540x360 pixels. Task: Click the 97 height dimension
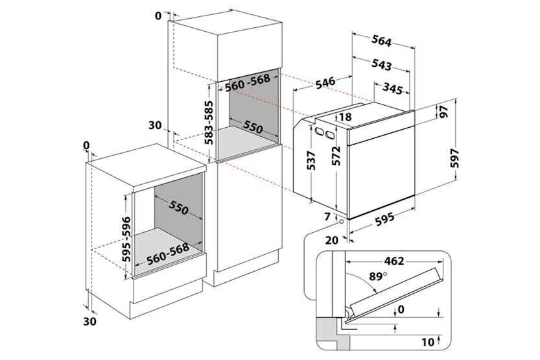pos(443,111)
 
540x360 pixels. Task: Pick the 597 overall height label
pos(454,158)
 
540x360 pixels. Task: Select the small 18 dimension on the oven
pos(344,117)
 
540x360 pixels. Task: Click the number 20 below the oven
pos(331,240)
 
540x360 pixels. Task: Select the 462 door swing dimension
pos(430,261)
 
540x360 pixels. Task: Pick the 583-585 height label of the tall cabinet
pos(209,122)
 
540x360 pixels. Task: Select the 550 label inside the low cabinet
pos(178,209)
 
